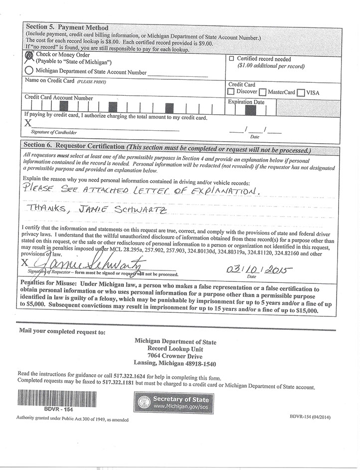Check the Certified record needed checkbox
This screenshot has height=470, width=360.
pos(231,58)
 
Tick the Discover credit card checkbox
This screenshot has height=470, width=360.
pos(231,92)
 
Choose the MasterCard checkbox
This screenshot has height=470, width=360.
pos(263,92)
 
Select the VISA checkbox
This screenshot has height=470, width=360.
pos(301,92)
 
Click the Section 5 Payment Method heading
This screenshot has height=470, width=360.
pos(67,27)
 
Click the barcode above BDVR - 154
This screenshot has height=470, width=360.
pos(58,398)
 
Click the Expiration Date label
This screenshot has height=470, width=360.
pos(246,102)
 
